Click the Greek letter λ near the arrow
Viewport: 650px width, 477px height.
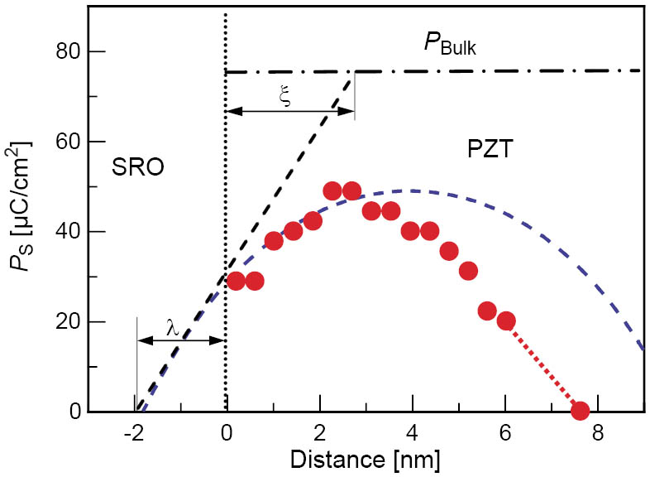tap(172, 328)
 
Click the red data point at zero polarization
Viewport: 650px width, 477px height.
tap(580, 411)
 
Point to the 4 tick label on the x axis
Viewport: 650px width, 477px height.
tap(412, 431)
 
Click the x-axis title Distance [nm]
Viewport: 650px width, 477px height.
tap(366, 457)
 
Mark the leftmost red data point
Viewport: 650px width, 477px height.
tap(236, 281)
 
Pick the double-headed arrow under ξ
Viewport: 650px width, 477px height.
tap(289, 110)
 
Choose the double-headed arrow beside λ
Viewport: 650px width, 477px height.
tap(181, 340)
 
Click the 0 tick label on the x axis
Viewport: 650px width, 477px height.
tap(226, 431)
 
